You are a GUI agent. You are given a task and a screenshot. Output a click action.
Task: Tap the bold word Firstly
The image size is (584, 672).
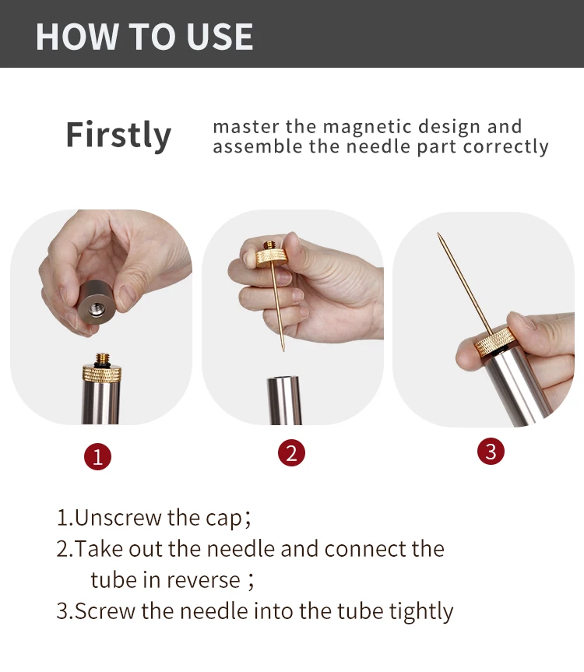click(x=118, y=135)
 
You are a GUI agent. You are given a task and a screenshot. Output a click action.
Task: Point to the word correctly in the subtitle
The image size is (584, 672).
click(x=505, y=147)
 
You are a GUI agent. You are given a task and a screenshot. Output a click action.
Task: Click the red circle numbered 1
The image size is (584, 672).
click(x=97, y=456)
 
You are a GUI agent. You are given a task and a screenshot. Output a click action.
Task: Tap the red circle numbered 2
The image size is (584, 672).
click(x=291, y=453)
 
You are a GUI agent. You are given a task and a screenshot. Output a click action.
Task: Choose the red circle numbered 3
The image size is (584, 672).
click(x=491, y=452)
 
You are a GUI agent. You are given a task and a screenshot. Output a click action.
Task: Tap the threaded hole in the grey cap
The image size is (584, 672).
click(x=97, y=309)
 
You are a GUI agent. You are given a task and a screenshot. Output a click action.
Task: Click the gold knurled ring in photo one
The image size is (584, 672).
click(x=102, y=373)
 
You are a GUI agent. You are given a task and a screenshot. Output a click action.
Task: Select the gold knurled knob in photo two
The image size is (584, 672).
click(x=271, y=259)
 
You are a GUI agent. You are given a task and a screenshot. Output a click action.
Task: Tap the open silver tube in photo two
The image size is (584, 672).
click(x=284, y=400)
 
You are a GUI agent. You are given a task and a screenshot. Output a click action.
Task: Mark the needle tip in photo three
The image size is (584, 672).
click(x=438, y=234)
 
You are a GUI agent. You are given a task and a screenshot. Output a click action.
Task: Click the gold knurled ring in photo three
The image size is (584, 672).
click(x=495, y=342)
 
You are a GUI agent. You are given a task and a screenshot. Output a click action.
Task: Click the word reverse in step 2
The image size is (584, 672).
click(x=203, y=580)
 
